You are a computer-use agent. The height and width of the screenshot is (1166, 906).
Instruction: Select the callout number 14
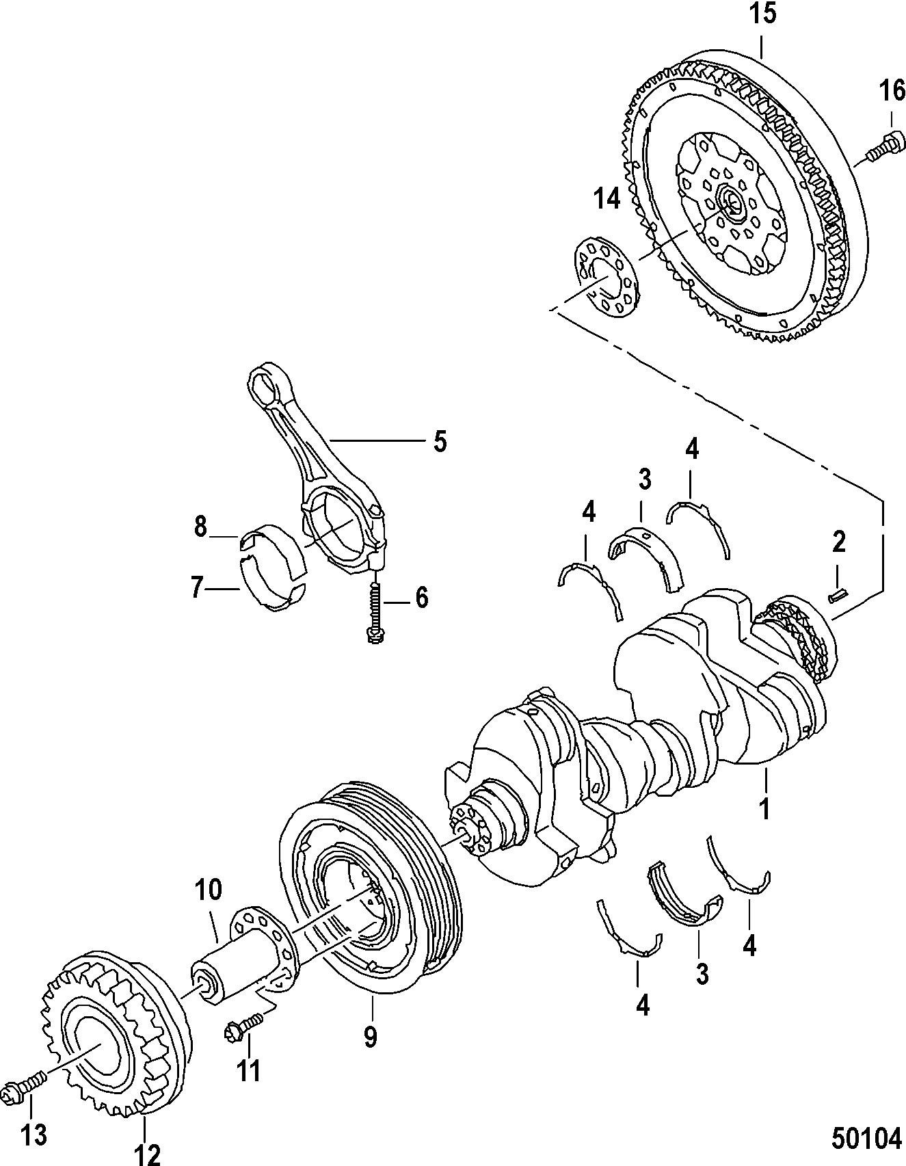pyautogui.click(x=607, y=198)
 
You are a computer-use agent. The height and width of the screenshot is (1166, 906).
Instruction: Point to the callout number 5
pyautogui.click(x=440, y=441)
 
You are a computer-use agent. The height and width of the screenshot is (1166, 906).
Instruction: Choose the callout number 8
pyautogui.click(x=197, y=587)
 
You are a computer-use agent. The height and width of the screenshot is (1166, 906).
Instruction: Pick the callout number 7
pyautogui.click(x=200, y=527)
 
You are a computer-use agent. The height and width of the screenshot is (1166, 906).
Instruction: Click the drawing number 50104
pyautogui.click(x=866, y=1139)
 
